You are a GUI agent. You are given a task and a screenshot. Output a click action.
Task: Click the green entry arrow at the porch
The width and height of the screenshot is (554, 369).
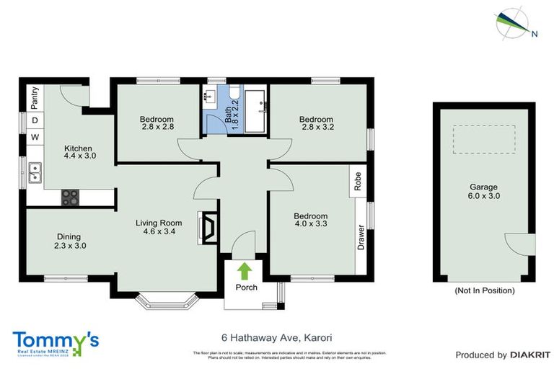(245, 272)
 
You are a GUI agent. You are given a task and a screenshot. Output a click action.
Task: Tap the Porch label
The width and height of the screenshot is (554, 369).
(246, 288)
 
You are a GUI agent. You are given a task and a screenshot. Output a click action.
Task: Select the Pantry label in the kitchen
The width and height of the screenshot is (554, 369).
(33, 96)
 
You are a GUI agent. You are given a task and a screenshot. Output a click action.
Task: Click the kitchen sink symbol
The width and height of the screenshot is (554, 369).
(34, 172)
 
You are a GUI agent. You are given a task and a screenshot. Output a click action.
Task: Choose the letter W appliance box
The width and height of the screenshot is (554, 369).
(34, 137)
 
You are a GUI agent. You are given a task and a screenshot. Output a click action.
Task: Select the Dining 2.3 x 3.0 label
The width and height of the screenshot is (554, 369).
(69, 241)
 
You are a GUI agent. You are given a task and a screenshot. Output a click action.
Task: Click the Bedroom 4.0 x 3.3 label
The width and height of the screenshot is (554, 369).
(310, 221)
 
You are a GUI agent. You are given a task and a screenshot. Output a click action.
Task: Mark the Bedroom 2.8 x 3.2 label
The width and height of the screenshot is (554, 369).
(316, 123)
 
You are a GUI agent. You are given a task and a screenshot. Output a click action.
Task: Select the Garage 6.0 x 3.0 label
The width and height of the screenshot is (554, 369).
(484, 191)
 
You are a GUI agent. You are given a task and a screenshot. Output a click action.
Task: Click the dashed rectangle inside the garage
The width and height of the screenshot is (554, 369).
(484, 139)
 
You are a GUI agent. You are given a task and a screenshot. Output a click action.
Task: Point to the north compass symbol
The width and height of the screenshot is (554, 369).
(513, 22)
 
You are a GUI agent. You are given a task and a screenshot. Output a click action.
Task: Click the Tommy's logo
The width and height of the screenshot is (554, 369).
(56, 341)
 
